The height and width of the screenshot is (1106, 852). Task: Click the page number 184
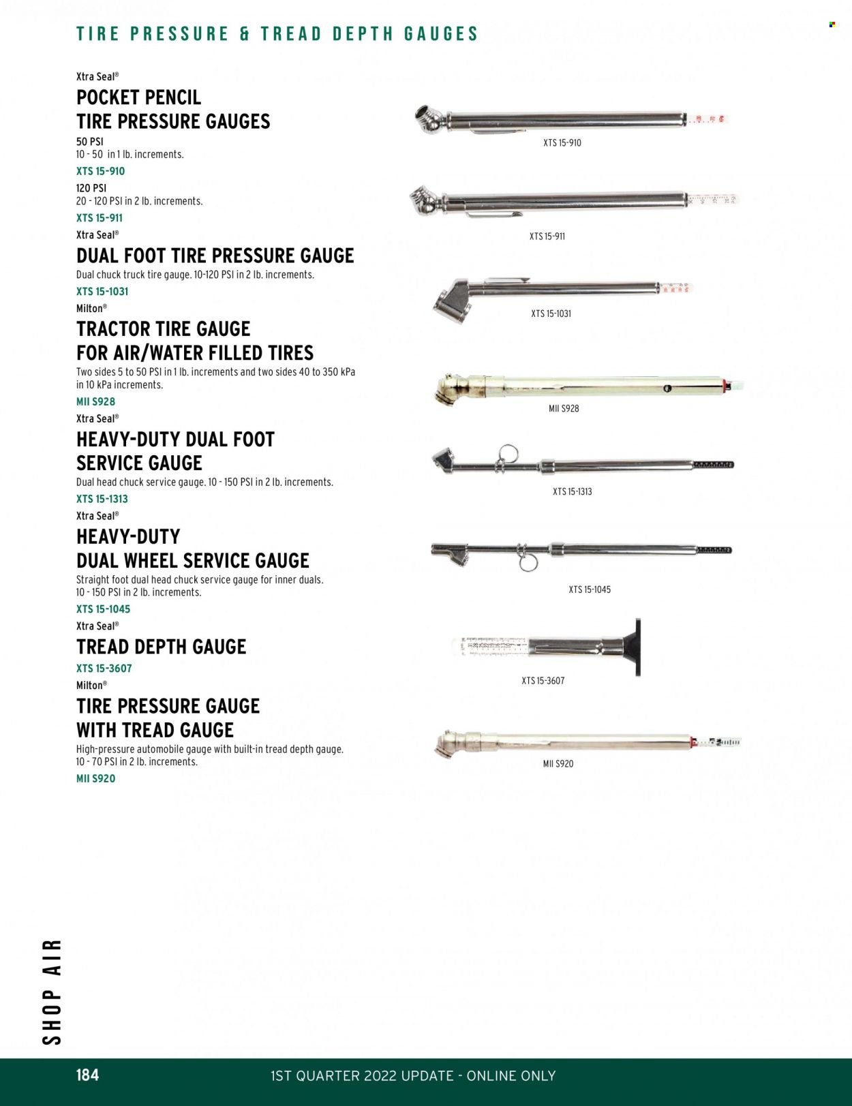(87, 1075)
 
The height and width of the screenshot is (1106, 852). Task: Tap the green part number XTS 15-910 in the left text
(100, 171)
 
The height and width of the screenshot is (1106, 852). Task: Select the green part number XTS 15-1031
(102, 292)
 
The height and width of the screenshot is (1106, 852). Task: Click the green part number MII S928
(95, 402)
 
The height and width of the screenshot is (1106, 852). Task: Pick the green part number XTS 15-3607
(104, 669)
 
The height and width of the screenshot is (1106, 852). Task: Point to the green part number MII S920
(95, 778)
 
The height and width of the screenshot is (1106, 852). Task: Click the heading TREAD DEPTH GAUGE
(161, 647)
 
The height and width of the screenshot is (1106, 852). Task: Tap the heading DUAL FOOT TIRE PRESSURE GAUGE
(215, 256)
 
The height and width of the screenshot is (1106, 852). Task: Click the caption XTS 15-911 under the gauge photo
(547, 236)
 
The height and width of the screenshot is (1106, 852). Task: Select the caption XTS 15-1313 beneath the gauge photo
(572, 491)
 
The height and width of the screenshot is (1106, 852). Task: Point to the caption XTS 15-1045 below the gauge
(590, 589)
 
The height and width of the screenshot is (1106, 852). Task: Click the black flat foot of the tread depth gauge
(637, 647)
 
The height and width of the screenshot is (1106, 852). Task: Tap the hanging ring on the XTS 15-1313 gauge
(508, 455)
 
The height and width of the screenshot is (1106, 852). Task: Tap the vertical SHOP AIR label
(52, 992)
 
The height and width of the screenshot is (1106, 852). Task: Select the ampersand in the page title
(245, 34)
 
